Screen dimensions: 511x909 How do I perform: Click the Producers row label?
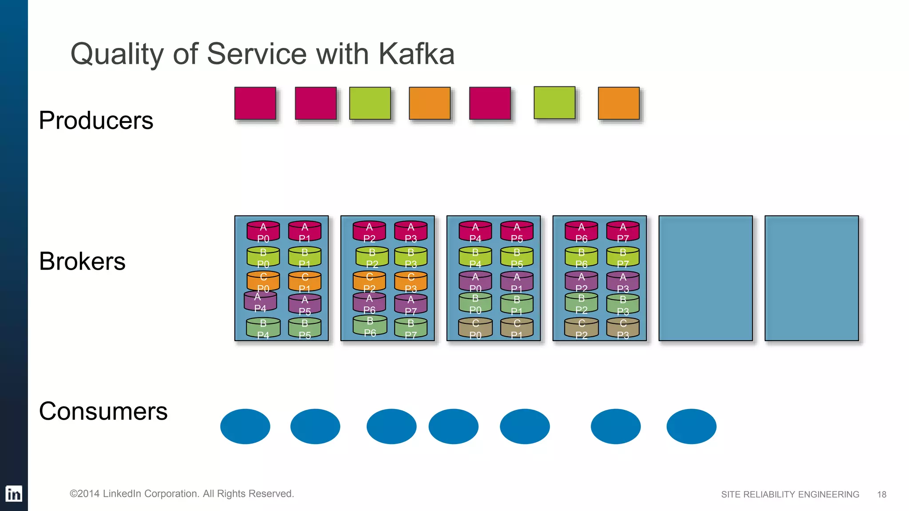tap(96, 120)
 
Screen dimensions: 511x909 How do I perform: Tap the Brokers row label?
tap(82, 261)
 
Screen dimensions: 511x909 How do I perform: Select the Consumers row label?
tap(103, 411)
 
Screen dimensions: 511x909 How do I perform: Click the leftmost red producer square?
tap(255, 103)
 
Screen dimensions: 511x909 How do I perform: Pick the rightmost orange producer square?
tap(619, 103)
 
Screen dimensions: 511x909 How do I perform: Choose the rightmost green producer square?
tap(554, 103)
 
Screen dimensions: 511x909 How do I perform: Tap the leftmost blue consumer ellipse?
tap(245, 426)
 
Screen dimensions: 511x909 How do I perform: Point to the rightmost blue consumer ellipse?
tap(691, 426)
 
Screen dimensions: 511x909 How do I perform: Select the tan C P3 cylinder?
tap(623, 329)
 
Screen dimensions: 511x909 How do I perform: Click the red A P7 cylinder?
tap(623, 232)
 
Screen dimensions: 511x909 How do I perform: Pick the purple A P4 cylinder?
tap(260, 302)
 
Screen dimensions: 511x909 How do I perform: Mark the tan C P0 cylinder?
tap(475, 329)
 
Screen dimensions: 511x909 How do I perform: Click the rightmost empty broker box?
tap(811, 278)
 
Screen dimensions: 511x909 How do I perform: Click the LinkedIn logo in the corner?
tap(14, 494)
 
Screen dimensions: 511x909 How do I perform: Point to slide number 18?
tap(881, 495)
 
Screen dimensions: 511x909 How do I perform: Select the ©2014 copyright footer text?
tap(182, 494)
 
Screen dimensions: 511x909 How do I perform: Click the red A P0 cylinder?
tap(263, 232)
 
